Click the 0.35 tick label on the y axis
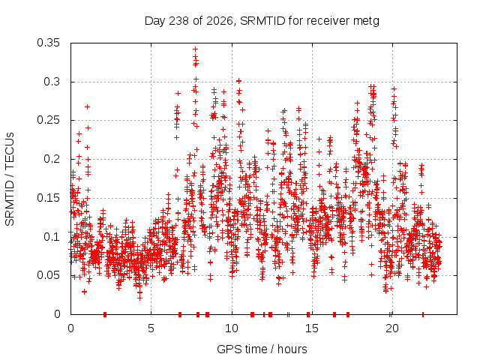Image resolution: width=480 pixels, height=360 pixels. point(48,43)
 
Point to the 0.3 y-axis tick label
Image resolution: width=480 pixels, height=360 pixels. point(52,82)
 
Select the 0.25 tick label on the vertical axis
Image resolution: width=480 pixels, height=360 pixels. point(48,120)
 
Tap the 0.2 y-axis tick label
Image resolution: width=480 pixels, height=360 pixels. point(52,159)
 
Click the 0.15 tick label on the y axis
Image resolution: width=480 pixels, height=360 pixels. point(48,198)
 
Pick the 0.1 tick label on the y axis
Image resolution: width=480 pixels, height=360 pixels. point(52,237)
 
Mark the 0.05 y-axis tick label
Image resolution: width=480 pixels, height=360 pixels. point(48,275)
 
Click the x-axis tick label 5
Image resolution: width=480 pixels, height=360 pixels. point(151,328)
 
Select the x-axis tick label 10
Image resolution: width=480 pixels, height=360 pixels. point(232,328)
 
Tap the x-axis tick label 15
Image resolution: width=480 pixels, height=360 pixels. point(312,328)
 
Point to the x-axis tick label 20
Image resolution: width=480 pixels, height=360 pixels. point(392,328)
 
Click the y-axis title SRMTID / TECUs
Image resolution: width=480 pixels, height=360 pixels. point(10,179)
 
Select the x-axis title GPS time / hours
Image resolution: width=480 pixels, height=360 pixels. point(262,349)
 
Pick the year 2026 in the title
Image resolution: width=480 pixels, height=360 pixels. point(220,21)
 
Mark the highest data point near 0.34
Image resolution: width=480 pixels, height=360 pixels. point(195,49)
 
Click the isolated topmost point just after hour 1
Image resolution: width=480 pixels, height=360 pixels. point(87,106)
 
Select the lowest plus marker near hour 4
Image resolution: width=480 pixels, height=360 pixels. point(139,298)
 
